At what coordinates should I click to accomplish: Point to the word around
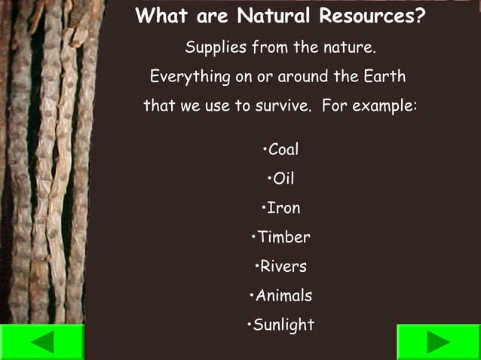[302, 77]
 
